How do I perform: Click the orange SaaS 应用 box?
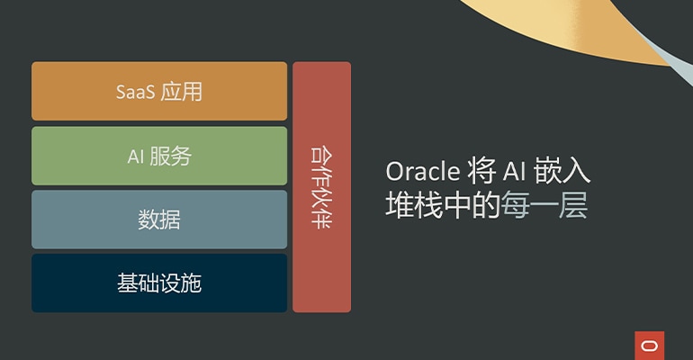[x=159, y=92]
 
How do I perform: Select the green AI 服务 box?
[x=159, y=156]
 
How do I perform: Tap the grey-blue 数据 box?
[x=159, y=220]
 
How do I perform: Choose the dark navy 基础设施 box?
[x=159, y=283]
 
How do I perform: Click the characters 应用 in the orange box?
[x=182, y=92]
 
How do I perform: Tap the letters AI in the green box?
[x=136, y=156]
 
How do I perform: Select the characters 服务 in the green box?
[x=171, y=156]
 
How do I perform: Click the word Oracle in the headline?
[x=422, y=172]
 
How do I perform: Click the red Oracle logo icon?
[x=649, y=345]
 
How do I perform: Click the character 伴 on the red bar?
[x=321, y=220]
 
